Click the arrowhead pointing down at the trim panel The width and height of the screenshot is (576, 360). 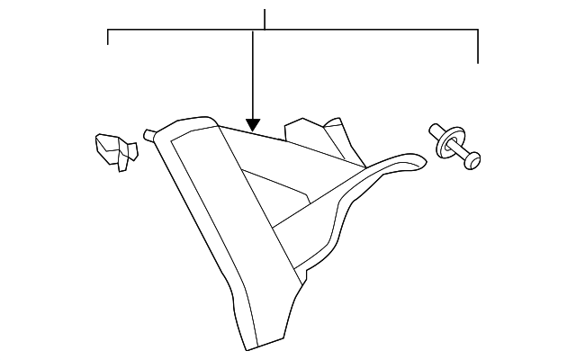[x=253, y=126]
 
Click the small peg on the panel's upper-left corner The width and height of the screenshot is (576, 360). [x=148, y=135]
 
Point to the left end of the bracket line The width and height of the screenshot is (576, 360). [x=108, y=31]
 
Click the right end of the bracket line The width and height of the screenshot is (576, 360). [x=477, y=31]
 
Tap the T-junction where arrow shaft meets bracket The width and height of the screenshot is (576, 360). [x=253, y=31]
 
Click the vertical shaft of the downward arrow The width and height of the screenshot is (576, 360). [x=253, y=76]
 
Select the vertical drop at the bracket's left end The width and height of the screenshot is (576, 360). [x=108, y=38]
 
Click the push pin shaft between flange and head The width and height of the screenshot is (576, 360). [x=460, y=153]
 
